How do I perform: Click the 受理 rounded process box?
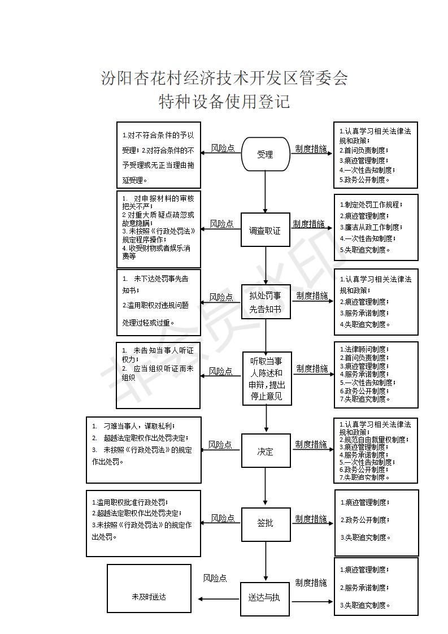(x=265, y=154)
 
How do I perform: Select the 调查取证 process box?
(x=265, y=230)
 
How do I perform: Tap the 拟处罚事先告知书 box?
(x=266, y=302)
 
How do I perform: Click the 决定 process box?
(x=266, y=451)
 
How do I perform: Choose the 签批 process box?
(x=266, y=523)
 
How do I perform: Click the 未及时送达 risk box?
(x=149, y=597)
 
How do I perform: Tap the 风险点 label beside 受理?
(x=223, y=148)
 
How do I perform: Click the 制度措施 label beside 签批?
(x=311, y=519)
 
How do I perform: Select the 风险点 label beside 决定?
(x=220, y=445)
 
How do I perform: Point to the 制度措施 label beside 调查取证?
(x=308, y=224)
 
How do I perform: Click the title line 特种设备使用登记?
(x=224, y=102)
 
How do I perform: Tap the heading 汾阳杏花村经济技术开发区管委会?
(x=224, y=78)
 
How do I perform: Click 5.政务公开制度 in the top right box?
(x=364, y=180)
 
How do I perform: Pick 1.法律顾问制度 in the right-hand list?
(x=364, y=350)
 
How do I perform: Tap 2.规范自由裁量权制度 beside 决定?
(x=373, y=439)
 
